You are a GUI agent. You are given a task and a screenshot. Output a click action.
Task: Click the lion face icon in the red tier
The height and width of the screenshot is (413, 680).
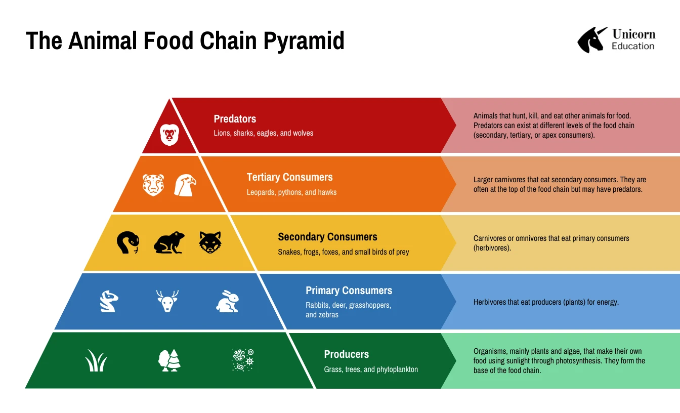coord(169,135)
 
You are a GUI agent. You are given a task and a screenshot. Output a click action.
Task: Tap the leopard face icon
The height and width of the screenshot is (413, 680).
coord(153,185)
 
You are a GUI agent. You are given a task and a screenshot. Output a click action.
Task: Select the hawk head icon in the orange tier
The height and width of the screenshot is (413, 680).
coord(185,185)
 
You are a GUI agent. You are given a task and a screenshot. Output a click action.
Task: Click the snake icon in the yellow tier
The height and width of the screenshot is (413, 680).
coord(127,242)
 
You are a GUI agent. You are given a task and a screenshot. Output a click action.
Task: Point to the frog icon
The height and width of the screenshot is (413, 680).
coord(169,243)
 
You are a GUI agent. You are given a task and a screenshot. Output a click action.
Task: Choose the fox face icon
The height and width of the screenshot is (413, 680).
coord(210,242)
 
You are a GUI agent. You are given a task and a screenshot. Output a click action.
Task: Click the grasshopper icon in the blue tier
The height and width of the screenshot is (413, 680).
coord(109,301)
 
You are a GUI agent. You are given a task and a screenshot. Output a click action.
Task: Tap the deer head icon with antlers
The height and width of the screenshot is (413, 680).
coord(167,301)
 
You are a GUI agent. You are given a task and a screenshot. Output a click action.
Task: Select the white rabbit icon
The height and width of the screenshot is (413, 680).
coord(228,301)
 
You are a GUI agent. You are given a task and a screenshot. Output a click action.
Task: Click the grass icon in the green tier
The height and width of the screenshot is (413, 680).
coord(96,361)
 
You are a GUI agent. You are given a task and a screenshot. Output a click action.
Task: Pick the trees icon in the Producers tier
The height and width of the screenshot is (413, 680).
coord(169,360)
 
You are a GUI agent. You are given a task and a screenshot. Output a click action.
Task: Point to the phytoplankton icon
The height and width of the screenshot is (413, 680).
coord(243,360)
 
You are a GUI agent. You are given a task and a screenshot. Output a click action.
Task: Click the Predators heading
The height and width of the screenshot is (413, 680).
coord(235,119)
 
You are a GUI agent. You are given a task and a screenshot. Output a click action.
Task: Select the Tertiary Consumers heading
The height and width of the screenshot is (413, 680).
coord(289,177)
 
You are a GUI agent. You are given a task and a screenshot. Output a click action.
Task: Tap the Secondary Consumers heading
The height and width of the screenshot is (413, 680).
coord(327,237)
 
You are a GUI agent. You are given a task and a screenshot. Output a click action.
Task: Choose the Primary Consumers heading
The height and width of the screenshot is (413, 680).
coord(349,291)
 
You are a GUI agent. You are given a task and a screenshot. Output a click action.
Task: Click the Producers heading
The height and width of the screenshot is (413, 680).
coord(346,354)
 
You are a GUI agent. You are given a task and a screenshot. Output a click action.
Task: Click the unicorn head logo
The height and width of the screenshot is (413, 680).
coord(592,39)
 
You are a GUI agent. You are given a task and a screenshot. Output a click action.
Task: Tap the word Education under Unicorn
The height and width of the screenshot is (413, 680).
coord(632,46)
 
